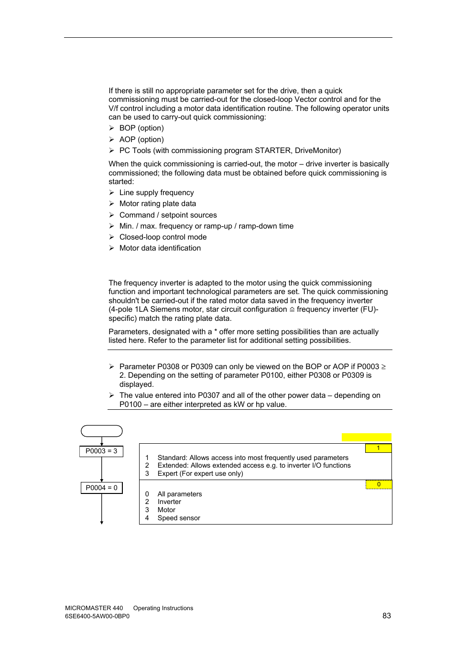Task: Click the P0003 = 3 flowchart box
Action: point(101,451)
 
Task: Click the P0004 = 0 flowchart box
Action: point(101,488)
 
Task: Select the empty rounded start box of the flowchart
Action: point(101,431)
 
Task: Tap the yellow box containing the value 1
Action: point(378,448)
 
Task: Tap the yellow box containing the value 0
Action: point(379,484)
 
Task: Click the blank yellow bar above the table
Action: point(366,437)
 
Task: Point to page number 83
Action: point(387,615)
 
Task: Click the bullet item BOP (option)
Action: point(141,128)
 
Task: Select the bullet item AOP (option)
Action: point(141,140)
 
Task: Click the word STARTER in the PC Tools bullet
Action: point(272,151)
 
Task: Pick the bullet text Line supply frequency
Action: point(156,193)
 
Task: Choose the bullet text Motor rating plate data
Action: point(157,204)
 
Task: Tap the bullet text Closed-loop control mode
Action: point(163,237)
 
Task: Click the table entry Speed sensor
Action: point(179,518)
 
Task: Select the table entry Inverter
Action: point(169,502)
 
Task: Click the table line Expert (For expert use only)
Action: point(200,473)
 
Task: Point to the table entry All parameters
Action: point(180,494)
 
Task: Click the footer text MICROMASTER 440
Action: point(94,608)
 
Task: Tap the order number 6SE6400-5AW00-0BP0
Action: point(97,616)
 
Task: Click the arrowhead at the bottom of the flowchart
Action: point(102,523)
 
